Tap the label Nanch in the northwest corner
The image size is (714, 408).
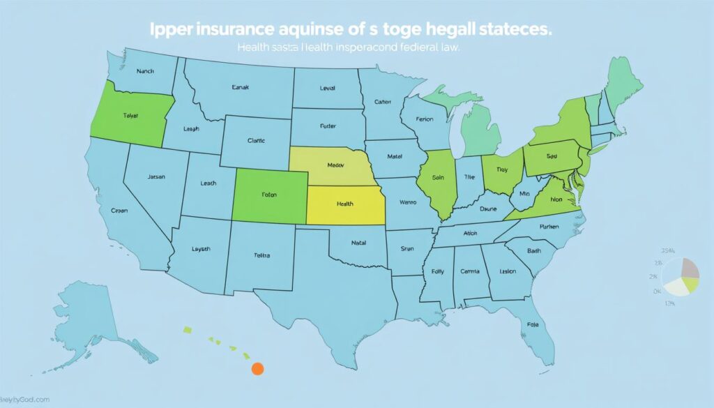tap(146, 71)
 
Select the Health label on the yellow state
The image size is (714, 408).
tap(344, 204)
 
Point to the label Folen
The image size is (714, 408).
tap(270, 196)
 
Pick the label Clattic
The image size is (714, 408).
tap(256, 140)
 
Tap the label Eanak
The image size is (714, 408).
tap(240, 88)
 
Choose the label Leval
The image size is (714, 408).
tap(327, 89)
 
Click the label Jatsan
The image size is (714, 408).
tap(157, 177)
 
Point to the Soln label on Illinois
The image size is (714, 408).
tap(439, 179)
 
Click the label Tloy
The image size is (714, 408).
tap(501, 169)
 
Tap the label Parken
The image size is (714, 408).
tap(549, 227)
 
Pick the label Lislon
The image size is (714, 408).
tap(508, 273)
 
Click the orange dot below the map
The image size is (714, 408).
tap(257, 368)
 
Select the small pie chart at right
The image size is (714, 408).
tap(680, 276)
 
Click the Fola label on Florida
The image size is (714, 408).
tap(532, 324)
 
